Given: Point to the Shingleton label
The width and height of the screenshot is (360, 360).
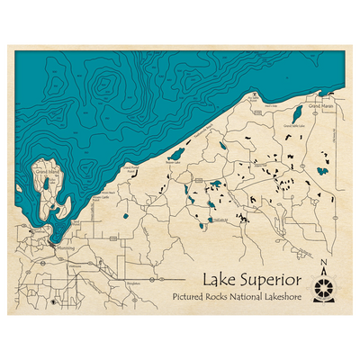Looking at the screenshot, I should pos(135,282).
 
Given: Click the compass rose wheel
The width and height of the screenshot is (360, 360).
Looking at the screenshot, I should pos(323,290).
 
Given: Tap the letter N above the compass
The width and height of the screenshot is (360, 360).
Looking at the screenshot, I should pos(323,264).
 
